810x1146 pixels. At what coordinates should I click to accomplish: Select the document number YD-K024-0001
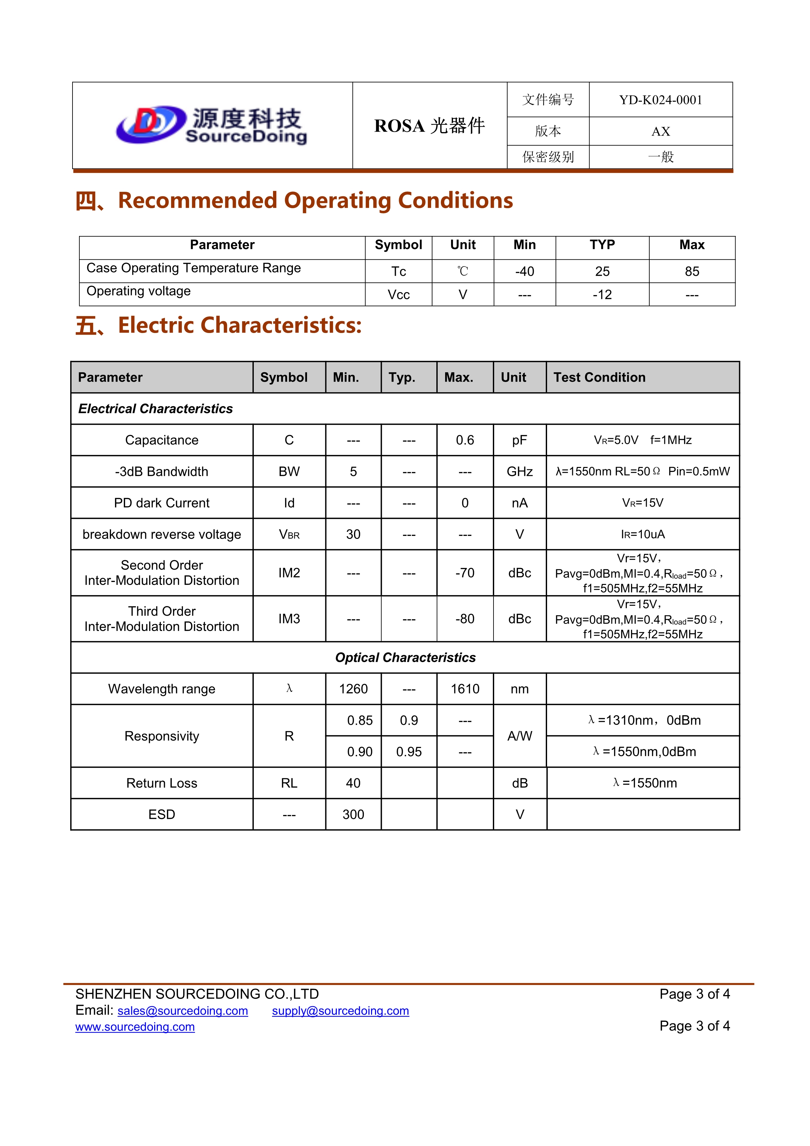(660, 100)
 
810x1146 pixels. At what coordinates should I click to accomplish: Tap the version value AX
(660, 131)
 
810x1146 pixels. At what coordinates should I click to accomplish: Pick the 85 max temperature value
(692, 272)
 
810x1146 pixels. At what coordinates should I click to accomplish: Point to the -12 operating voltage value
(602, 295)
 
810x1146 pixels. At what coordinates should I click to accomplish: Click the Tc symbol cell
(398, 272)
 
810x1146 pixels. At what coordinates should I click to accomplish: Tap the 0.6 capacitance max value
(465, 440)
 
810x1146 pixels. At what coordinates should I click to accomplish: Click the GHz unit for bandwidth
(519, 472)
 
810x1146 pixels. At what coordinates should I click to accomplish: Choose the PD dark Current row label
(162, 503)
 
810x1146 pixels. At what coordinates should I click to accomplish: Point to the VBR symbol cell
(289, 535)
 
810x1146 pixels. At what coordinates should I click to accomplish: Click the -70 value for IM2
(465, 573)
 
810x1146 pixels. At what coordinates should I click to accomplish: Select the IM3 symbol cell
(289, 619)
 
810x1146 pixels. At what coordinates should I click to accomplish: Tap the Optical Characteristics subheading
(405, 658)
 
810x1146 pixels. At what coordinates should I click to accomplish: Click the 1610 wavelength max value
(465, 689)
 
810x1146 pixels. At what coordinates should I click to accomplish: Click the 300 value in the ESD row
(353, 815)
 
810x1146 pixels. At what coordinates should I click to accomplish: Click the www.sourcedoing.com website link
(135, 1027)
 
